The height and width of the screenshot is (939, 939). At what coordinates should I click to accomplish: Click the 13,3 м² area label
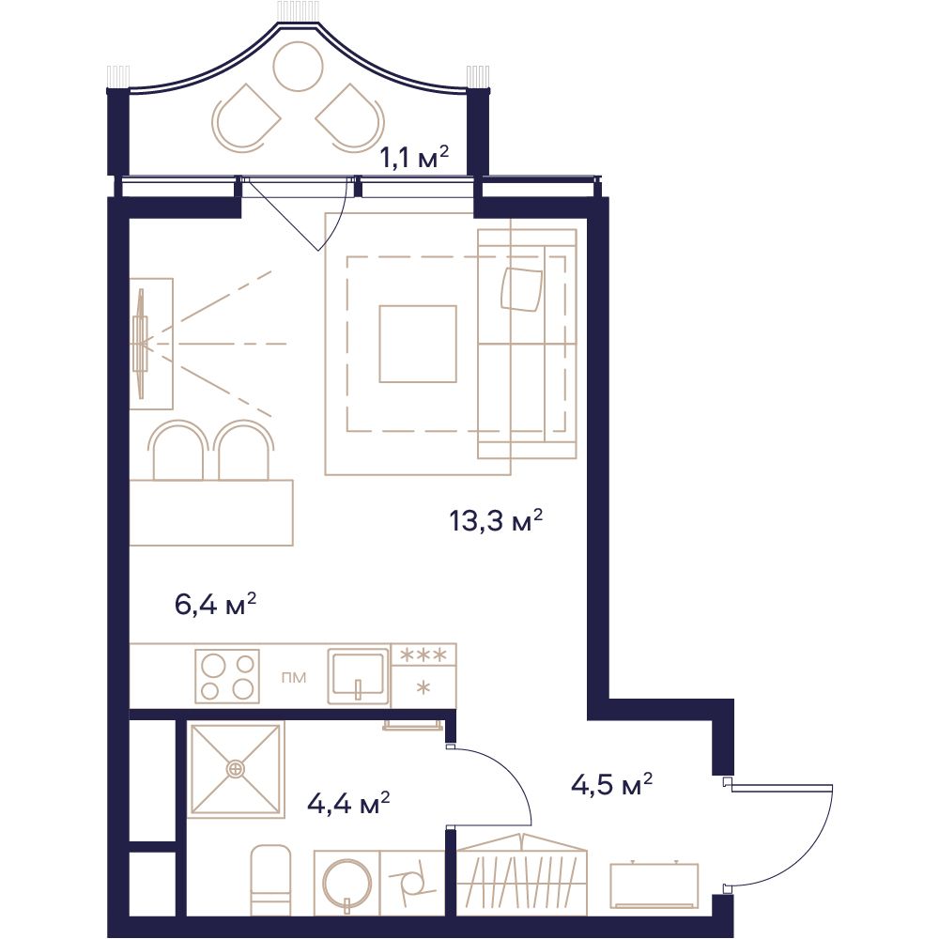(x=496, y=521)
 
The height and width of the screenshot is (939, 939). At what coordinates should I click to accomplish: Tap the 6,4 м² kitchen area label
(x=216, y=604)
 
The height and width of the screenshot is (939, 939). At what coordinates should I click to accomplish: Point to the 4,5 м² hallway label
(x=611, y=784)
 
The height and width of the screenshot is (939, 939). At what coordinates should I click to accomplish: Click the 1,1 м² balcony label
(x=414, y=158)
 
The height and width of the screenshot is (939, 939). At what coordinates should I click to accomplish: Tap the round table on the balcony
(x=298, y=66)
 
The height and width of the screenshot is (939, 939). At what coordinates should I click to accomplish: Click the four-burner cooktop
(x=227, y=676)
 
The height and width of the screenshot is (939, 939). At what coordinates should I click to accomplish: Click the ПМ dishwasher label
(x=293, y=677)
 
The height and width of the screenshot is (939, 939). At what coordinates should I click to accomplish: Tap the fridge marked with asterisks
(x=423, y=676)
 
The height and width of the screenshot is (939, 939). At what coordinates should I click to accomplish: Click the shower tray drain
(x=236, y=768)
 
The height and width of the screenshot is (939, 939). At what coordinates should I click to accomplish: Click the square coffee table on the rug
(x=418, y=344)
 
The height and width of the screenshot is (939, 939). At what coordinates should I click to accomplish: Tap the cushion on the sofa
(x=522, y=289)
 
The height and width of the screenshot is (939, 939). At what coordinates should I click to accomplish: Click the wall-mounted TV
(x=142, y=344)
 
